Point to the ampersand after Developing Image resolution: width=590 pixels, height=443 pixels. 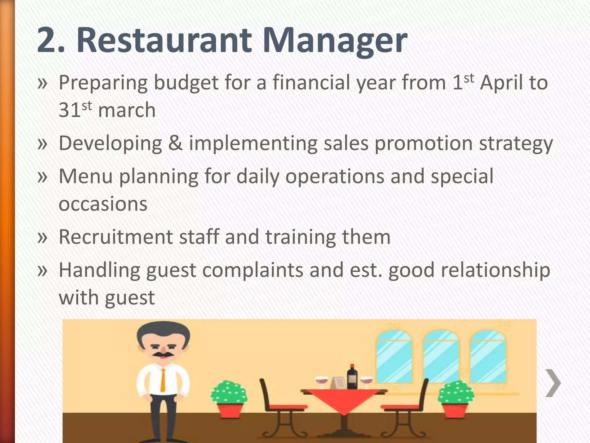coord(175,143)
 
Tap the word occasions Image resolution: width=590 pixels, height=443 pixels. coord(103,204)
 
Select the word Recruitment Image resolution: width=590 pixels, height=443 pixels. coord(116,237)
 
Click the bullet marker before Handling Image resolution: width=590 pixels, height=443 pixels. coord(42,270)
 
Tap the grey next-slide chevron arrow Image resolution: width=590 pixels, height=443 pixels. coord(553,383)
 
